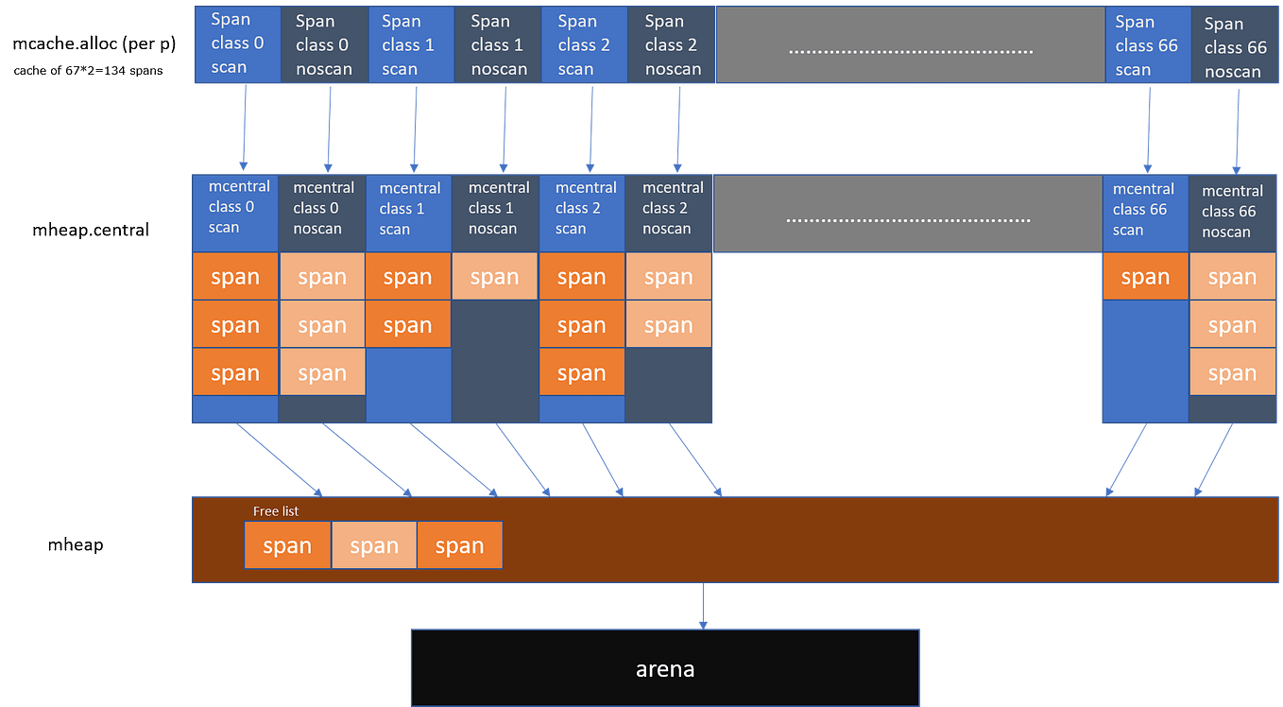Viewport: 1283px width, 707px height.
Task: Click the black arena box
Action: tap(664, 667)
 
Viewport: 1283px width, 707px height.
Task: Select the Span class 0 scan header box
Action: tap(236, 44)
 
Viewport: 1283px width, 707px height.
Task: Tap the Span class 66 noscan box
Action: tap(1235, 47)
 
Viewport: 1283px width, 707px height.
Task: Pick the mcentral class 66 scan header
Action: tap(1144, 210)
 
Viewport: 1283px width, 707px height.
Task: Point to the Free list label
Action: tap(276, 511)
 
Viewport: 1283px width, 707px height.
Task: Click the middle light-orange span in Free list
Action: tap(374, 545)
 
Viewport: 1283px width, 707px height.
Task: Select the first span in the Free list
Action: tap(287, 545)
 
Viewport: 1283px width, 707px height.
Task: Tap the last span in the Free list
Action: tap(459, 545)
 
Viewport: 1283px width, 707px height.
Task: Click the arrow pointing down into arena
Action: tap(702, 605)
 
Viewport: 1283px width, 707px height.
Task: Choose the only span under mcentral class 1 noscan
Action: tap(495, 277)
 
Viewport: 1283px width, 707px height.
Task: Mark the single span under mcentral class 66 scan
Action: tap(1145, 277)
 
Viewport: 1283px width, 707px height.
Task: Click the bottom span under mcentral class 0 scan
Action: tap(235, 372)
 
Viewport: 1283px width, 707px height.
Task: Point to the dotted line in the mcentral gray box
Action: tap(908, 219)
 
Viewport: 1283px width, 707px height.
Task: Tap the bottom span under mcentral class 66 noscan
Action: tap(1232, 373)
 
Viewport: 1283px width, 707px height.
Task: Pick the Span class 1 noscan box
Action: tap(497, 44)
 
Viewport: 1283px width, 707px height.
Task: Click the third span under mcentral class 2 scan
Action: tap(581, 372)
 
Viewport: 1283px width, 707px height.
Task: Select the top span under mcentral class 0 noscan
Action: tap(322, 277)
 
